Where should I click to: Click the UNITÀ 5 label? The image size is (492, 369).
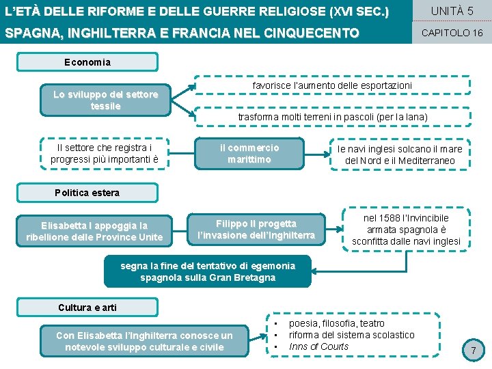452,11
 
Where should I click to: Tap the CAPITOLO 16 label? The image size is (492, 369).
452,33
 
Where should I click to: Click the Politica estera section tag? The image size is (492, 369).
87,193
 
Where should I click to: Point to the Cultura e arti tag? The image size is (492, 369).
87,307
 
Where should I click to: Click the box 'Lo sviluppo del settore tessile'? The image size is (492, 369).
105,100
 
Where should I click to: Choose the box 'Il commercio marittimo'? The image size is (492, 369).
249,154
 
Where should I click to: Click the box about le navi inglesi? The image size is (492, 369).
400,154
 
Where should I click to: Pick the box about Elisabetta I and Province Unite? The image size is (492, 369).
94,231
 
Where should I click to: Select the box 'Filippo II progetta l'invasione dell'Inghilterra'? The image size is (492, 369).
256,230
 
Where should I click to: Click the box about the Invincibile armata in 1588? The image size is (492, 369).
406,230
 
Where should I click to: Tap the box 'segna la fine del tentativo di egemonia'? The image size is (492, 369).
208,271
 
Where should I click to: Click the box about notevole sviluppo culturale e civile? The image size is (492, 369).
144,341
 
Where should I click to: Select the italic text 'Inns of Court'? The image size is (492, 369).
318,346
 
